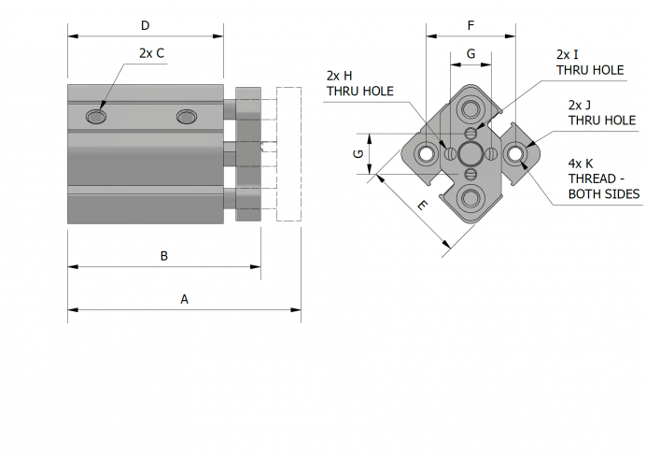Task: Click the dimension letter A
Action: (x=184, y=299)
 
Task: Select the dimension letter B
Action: (x=163, y=255)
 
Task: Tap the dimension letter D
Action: (x=145, y=25)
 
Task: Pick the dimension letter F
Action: (x=470, y=24)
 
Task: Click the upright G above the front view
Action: (x=470, y=54)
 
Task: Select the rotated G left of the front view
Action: (x=358, y=154)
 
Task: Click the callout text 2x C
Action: (x=151, y=53)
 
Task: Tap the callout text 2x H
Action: (x=339, y=75)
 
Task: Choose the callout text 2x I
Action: (x=568, y=54)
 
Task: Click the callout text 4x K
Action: (x=581, y=164)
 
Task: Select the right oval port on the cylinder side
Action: (x=187, y=116)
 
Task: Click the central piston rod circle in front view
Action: (x=470, y=153)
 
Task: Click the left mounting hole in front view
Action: (x=428, y=153)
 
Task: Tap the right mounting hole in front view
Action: (x=514, y=153)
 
